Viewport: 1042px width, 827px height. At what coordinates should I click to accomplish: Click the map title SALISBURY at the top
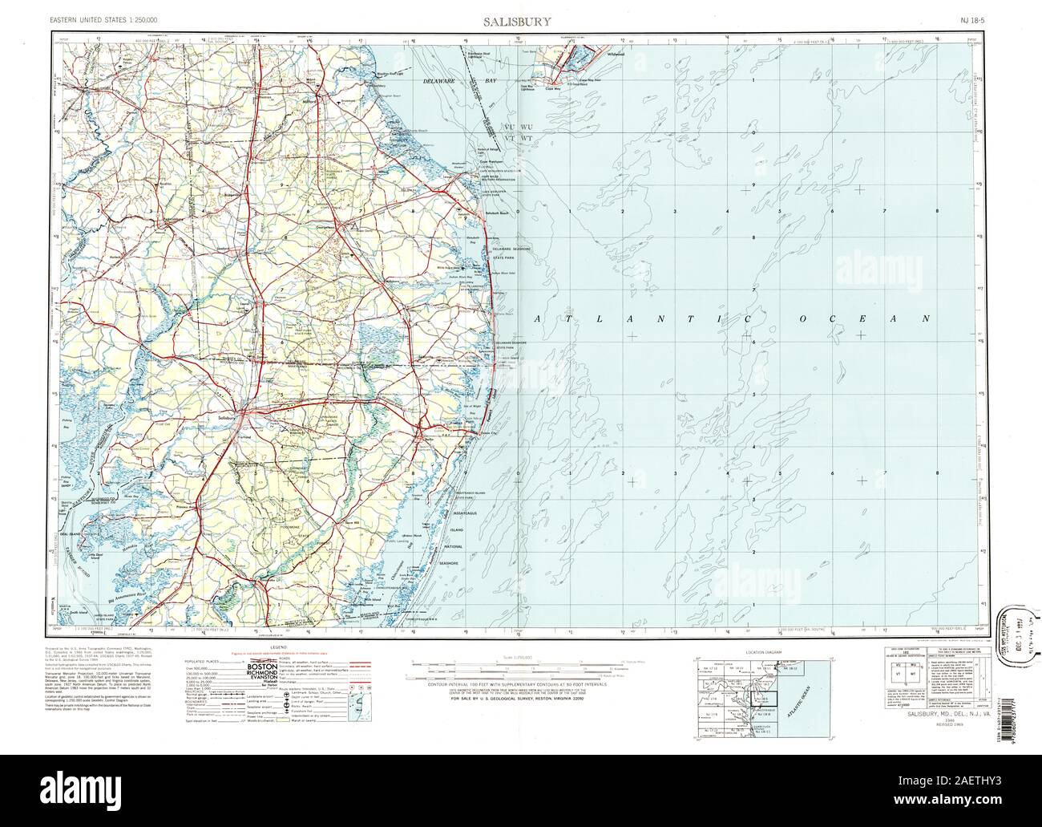point(516,22)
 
